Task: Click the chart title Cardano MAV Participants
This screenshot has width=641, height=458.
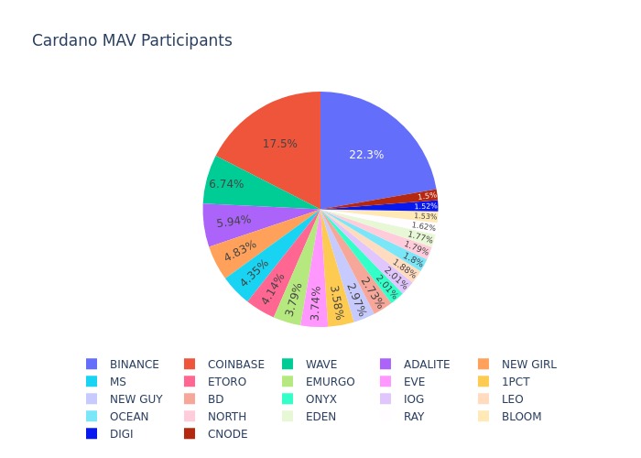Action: pyautogui.click(x=132, y=40)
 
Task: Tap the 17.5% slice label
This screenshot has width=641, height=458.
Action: pyautogui.click(x=279, y=144)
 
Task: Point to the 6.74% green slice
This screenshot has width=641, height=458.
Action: pyautogui.click(x=226, y=183)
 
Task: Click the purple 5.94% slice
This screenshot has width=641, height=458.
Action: pyautogui.click(x=234, y=223)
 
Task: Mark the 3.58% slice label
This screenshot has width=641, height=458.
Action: pyautogui.click(x=336, y=302)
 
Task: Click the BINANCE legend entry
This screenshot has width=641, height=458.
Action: pyautogui.click(x=134, y=364)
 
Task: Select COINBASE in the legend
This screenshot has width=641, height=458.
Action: pyautogui.click(x=235, y=364)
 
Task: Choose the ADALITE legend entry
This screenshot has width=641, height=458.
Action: pyautogui.click(x=425, y=364)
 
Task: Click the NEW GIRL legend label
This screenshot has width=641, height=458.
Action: pyautogui.click(x=528, y=364)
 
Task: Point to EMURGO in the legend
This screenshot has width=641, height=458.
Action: pyautogui.click(x=330, y=381)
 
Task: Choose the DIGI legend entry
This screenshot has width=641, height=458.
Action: pyautogui.click(x=121, y=433)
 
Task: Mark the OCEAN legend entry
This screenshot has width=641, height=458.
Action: pyautogui.click(x=128, y=416)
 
